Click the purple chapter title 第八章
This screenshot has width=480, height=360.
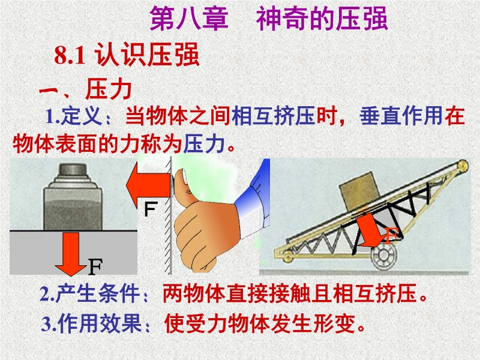click(x=189, y=19)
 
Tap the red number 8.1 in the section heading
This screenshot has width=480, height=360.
click(x=70, y=55)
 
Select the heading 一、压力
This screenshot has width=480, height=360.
click(x=86, y=89)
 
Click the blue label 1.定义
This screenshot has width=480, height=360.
click(x=73, y=116)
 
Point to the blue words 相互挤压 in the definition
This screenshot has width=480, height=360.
click(x=274, y=116)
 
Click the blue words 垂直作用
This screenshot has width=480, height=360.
click(x=401, y=116)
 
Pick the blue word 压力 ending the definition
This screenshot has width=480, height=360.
click(x=204, y=143)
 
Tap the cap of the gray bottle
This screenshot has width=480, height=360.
click(x=73, y=169)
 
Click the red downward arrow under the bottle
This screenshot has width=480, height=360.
click(x=71, y=254)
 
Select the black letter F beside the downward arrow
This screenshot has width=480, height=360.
click(x=95, y=266)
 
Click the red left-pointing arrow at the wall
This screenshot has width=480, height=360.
click(x=148, y=185)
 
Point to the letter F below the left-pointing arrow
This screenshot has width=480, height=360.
click(x=151, y=209)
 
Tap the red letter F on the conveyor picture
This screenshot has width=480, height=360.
click(x=391, y=235)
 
